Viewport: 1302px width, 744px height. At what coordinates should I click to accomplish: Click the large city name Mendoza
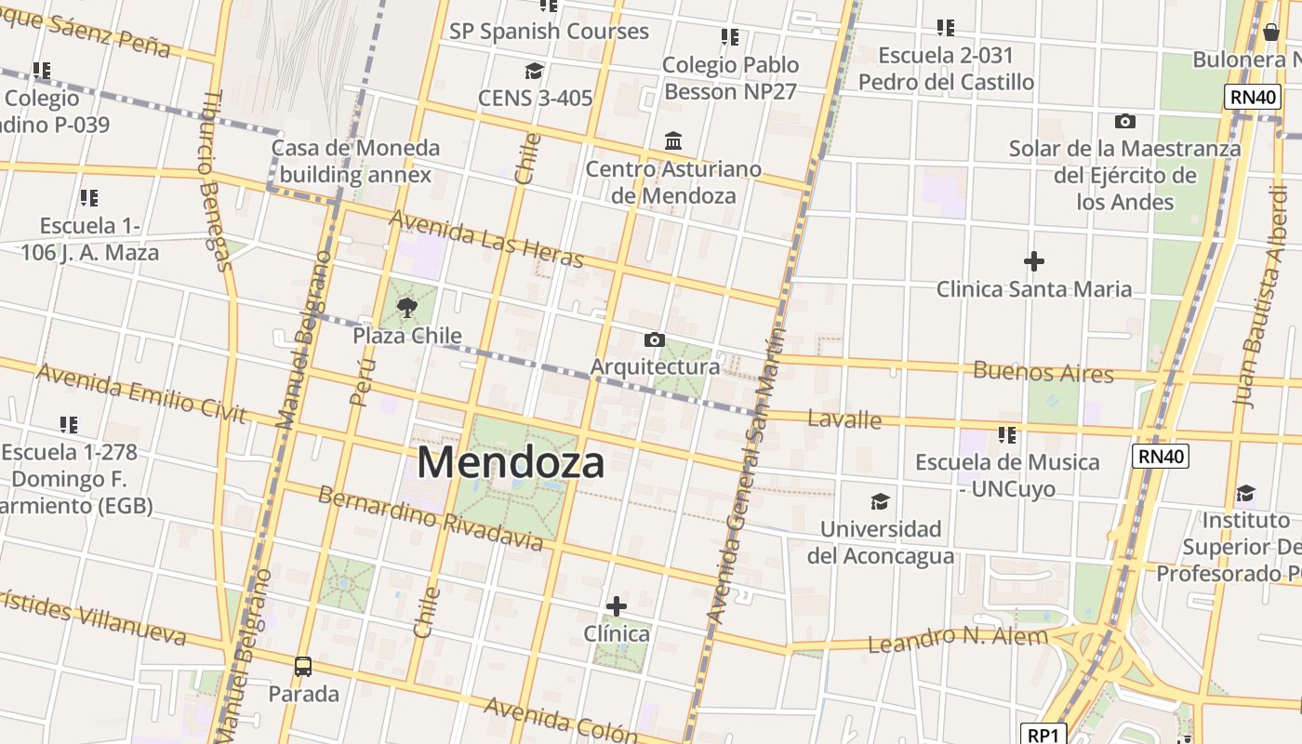[x=511, y=462]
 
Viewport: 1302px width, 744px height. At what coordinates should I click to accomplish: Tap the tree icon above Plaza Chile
[x=406, y=308]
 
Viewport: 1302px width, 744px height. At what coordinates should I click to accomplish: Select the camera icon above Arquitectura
[x=655, y=339]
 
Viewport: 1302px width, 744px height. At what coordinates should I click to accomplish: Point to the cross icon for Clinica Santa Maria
[x=1033, y=262]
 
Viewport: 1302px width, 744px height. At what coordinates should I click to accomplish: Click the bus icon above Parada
[x=303, y=666]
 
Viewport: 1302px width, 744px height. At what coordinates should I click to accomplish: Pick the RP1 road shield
[x=1043, y=735]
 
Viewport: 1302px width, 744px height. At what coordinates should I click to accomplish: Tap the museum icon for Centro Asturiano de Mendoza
[x=673, y=141]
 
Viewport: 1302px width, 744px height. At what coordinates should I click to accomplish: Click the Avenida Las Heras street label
[x=485, y=238]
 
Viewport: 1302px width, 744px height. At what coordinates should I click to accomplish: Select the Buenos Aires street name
[x=1043, y=372]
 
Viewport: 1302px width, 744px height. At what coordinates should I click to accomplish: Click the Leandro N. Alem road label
[x=957, y=639]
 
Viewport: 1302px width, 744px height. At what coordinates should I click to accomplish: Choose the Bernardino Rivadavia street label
[x=430, y=516]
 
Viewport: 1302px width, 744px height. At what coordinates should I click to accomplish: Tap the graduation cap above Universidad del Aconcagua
[x=880, y=502]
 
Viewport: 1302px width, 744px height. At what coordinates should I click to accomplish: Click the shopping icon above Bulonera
[x=1271, y=33]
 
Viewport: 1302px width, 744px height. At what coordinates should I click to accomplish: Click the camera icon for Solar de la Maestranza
[x=1124, y=121]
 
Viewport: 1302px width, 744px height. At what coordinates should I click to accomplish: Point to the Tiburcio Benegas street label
[x=214, y=180]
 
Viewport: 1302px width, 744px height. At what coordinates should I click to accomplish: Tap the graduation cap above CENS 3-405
[x=534, y=72]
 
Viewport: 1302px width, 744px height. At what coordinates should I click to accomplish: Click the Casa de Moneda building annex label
[x=355, y=161]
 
